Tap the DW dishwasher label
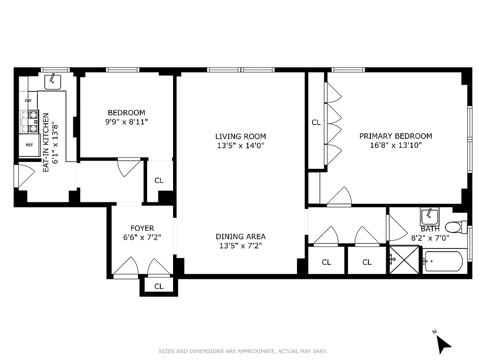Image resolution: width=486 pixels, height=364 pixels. [28, 101]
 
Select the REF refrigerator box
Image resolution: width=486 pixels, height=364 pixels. [29, 145]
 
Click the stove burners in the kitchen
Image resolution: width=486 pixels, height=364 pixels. [29, 121]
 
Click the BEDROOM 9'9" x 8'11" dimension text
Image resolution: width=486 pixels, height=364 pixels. [127, 121]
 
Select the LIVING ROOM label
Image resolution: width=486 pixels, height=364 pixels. [240, 136]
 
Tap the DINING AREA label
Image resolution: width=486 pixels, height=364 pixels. [240, 237]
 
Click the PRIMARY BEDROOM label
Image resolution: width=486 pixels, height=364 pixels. [395, 136]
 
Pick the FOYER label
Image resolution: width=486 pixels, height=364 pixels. [142, 228]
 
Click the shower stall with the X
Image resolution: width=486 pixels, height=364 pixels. [403, 259]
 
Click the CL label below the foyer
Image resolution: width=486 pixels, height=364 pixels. [159, 286]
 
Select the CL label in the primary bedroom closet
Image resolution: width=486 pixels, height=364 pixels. [316, 122]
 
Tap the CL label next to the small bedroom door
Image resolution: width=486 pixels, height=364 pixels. [159, 181]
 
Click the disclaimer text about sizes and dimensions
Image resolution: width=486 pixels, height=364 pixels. [243, 351]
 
